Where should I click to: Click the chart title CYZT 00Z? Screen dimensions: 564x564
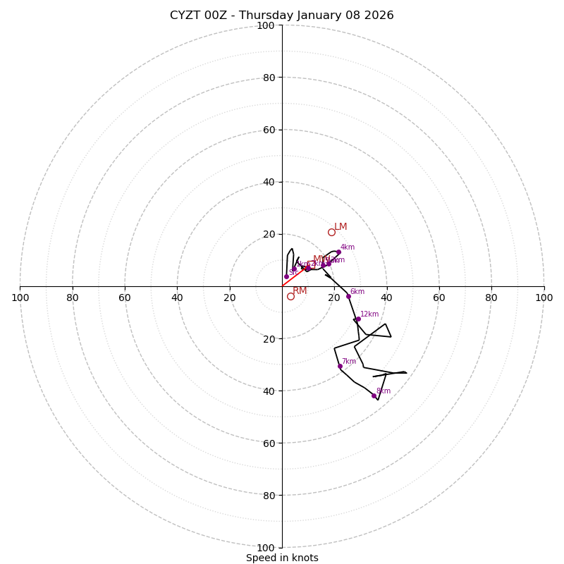(282, 16)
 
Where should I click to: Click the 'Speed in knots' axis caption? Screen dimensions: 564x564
(282, 558)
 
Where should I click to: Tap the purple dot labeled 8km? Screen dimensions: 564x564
(374, 396)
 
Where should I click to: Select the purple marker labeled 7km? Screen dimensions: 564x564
(340, 366)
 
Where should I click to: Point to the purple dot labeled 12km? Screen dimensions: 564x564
(358, 319)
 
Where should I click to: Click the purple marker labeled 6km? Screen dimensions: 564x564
(348, 296)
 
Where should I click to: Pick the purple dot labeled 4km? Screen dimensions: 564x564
(338, 252)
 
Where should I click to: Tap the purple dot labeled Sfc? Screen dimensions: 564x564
(286, 276)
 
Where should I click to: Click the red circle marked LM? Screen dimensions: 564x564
(331, 232)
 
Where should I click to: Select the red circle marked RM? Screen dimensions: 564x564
(290, 296)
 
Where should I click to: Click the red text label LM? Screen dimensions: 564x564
(341, 227)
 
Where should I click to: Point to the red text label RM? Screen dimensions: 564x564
(300, 290)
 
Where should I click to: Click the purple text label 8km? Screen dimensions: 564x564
(384, 391)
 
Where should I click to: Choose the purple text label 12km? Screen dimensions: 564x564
(369, 314)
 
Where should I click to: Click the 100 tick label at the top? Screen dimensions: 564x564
(265, 25)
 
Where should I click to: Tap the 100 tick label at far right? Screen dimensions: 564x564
(544, 298)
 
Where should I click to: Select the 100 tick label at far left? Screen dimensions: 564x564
(20, 298)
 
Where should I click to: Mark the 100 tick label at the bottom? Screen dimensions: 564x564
(265, 547)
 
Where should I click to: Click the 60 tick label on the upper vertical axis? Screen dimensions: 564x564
(268, 130)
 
